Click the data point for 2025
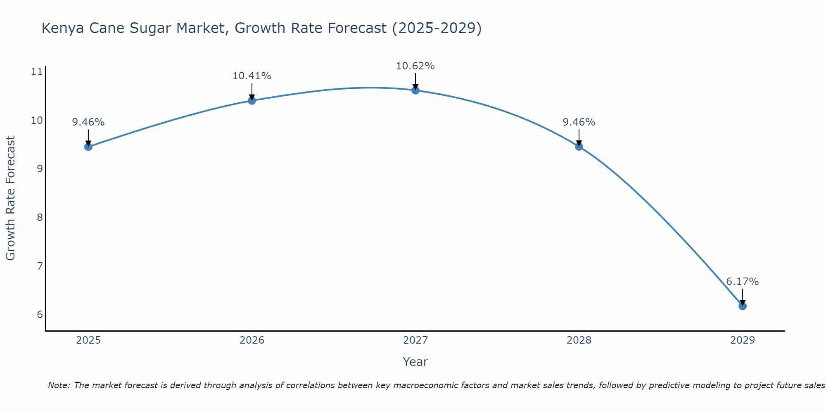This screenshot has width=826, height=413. (x=88, y=147)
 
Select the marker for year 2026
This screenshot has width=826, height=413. (x=252, y=100)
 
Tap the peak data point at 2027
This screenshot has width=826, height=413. (x=415, y=90)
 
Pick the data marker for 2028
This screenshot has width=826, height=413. (x=579, y=146)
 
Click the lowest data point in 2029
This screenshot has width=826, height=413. (x=742, y=306)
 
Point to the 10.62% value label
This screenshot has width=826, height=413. (x=415, y=66)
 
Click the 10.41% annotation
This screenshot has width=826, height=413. (x=252, y=76)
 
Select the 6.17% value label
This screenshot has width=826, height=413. (x=742, y=282)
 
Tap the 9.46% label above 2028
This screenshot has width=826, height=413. (x=579, y=122)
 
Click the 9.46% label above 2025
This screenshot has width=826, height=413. (x=88, y=122)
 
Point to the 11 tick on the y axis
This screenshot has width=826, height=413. (x=37, y=72)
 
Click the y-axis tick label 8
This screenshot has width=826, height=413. (x=40, y=217)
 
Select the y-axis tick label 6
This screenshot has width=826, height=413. (x=40, y=315)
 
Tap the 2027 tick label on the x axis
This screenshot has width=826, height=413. (x=415, y=340)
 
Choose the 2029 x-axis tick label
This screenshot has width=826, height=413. (x=742, y=340)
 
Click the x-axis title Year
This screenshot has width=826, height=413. (x=415, y=362)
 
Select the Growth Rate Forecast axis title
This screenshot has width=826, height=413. (x=10, y=198)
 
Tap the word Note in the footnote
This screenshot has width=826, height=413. (x=59, y=385)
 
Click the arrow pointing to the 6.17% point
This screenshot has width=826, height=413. (x=742, y=297)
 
